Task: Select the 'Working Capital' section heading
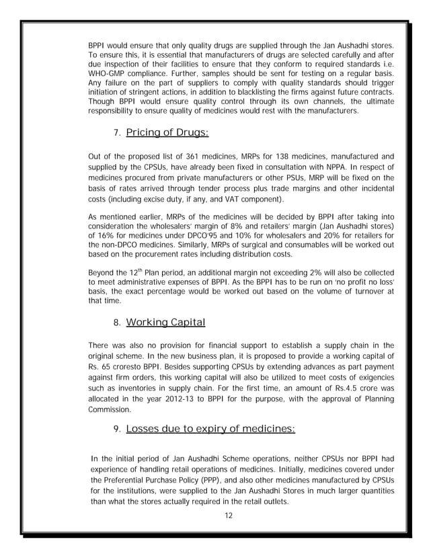(165, 323)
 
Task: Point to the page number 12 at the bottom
(231, 515)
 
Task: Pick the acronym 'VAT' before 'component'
(217, 200)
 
